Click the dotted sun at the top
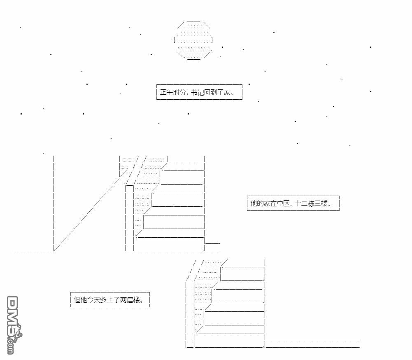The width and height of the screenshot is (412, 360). [x=193, y=40]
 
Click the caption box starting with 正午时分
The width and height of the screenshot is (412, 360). [x=199, y=92]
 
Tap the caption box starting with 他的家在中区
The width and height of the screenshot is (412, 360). [x=293, y=203]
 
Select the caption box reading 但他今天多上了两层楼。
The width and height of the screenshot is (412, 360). [x=110, y=300]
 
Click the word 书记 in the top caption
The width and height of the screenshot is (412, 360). [x=198, y=92]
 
